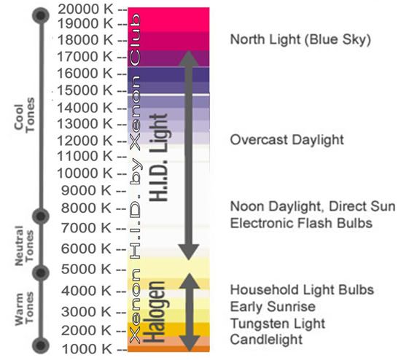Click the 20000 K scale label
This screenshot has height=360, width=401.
pyautogui.click(x=85, y=9)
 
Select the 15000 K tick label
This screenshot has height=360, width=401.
pyautogui.click(x=85, y=90)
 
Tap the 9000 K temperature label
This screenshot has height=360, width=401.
pyautogui.click(x=86, y=190)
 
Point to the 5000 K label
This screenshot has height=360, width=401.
pyautogui.click(x=86, y=269)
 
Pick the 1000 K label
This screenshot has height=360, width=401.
pyautogui.click(x=87, y=349)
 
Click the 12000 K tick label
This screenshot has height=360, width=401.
pyautogui.click(x=85, y=141)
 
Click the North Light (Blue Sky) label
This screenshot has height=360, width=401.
pyautogui.click(x=300, y=39)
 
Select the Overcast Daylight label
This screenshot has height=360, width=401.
pyautogui.click(x=287, y=140)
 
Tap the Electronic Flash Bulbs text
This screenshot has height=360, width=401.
pyautogui.click(x=301, y=223)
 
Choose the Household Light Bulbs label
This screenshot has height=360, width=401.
pyautogui.click(x=302, y=290)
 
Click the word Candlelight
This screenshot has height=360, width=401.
pyautogui.click(x=266, y=340)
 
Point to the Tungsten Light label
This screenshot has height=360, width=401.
pyautogui.click(x=278, y=324)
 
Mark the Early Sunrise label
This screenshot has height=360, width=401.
pyautogui.click(x=273, y=307)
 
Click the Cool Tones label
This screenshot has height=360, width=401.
pyautogui.click(x=24, y=114)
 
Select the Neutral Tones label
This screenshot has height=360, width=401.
pyautogui.click(x=24, y=246)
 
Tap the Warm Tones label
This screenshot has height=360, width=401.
pyautogui.click(x=24, y=309)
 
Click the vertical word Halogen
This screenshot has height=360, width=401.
pyautogui.click(x=153, y=312)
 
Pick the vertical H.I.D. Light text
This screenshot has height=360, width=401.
pyautogui.click(x=158, y=157)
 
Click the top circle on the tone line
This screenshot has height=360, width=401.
pyautogui.click(x=40, y=15)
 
